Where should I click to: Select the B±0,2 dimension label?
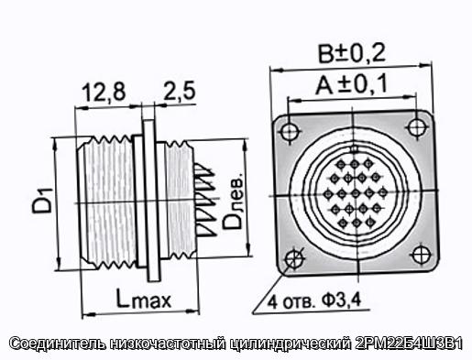pyautogui.click(x=352, y=53)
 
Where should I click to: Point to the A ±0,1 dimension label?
pyautogui.click(x=351, y=84)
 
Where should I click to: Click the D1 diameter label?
pyautogui.click(x=42, y=201)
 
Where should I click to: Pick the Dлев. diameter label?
pyautogui.click(x=233, y=202)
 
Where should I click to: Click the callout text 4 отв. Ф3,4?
pyautogui.click(x=314, y=301)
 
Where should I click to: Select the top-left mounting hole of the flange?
pyautogui.click(x=290, y=132)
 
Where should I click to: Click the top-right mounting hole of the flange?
pyautogui.click(x=416, y=127)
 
